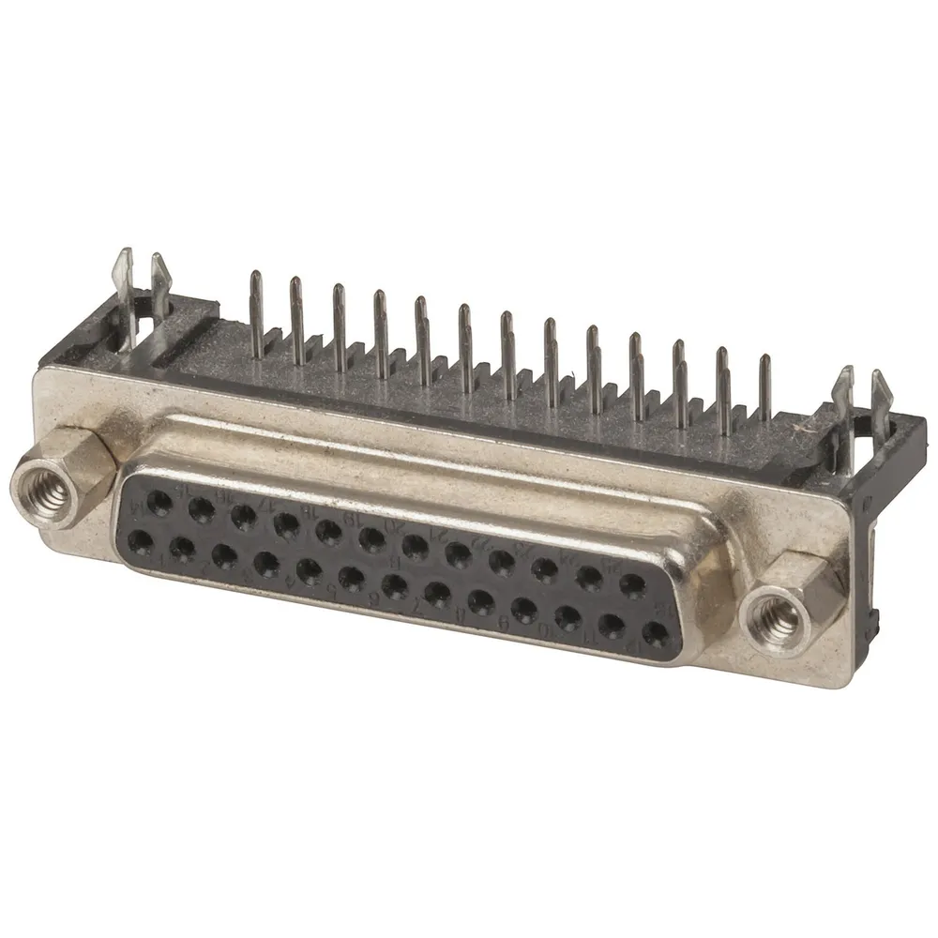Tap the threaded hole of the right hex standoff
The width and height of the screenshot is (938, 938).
776,619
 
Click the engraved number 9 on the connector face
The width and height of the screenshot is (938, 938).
504,624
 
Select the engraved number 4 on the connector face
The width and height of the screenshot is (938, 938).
288,579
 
